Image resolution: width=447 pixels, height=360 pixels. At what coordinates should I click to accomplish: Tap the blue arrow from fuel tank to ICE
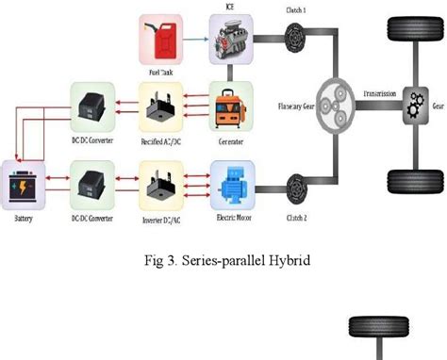point(195,40)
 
